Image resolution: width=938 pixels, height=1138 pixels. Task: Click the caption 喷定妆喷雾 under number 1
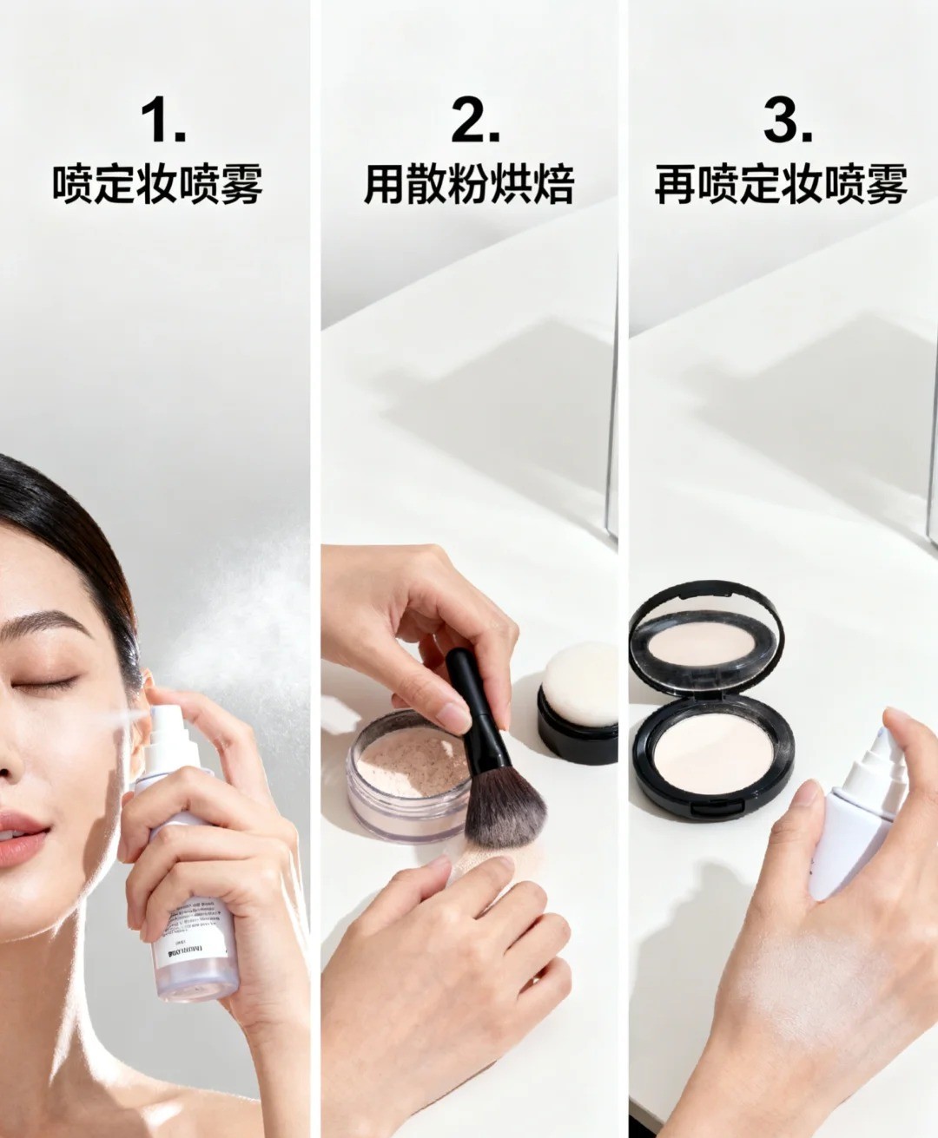[x=157, y=185]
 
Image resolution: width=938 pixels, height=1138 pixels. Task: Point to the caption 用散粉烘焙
[x=469, y=185]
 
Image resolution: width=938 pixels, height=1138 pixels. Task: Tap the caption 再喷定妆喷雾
[x=781, y=185]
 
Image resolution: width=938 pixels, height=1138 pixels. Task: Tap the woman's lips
[x=19, y=835]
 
